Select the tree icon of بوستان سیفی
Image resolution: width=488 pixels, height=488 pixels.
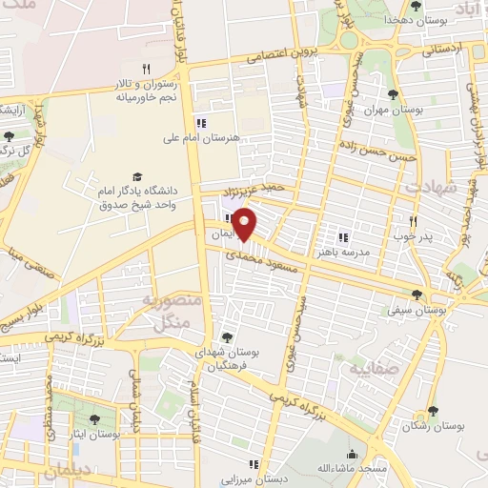[x=416, y=295]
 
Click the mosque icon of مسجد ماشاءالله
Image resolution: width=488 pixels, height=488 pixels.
[x=353, y=454]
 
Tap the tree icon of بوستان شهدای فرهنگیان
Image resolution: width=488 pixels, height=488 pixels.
[x=227, y=336]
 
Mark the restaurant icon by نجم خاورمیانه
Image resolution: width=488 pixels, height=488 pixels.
[x=146, y=69]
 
